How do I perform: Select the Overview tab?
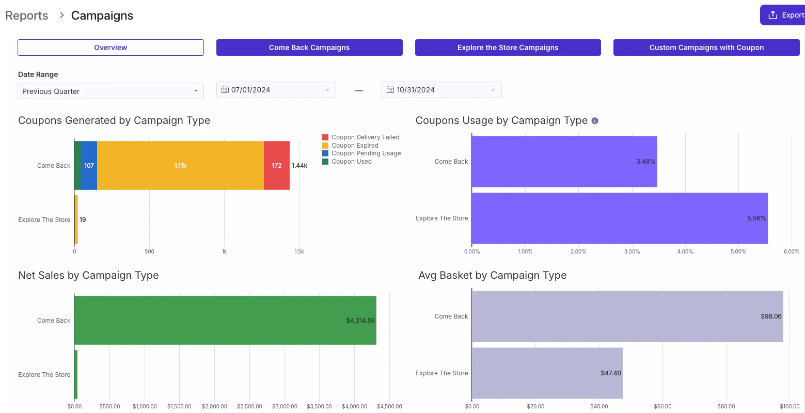point(111,47)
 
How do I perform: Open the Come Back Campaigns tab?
point(309,47)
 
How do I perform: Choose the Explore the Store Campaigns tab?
point(508,47)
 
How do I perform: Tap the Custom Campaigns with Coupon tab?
point(706,47)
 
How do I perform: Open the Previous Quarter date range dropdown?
point(111,91)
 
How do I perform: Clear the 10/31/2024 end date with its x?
point(493,90)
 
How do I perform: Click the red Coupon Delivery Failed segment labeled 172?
point(276,166)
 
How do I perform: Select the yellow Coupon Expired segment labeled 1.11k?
point(180,166)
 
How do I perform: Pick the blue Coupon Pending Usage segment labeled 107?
point(89,166)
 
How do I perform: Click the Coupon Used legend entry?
point(351,162)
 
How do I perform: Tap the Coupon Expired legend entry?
point(355,146)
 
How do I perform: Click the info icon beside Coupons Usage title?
point(595,121)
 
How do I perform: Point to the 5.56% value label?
point(756,218)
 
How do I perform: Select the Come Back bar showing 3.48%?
point(564,162)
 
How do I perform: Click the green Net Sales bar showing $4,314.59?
point(225,321)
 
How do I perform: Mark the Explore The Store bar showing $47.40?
point(547,373)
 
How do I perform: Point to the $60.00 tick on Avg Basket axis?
point(662,406)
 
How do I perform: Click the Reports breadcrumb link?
point(27,15)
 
